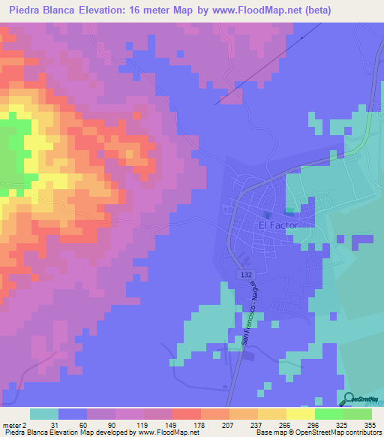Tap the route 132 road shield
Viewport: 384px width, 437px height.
[247, 276]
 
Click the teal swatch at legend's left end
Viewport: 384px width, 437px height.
[44, 414]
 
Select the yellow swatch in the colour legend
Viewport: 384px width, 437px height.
[300, 414]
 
